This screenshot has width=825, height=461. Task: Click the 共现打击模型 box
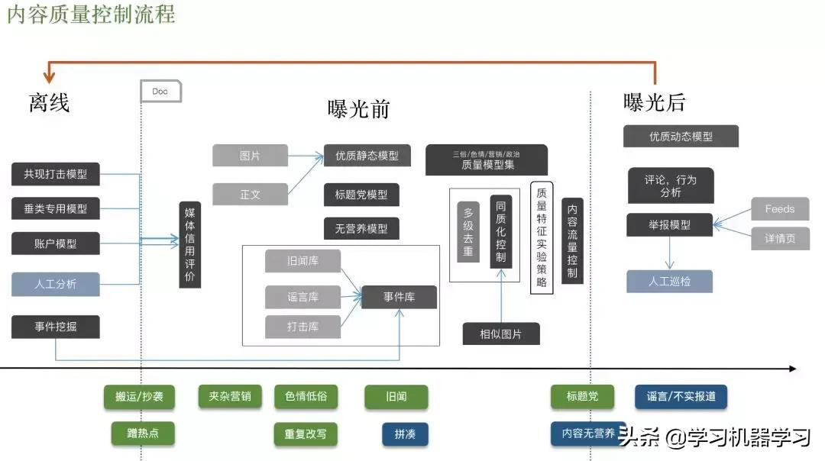[x=56, y=174]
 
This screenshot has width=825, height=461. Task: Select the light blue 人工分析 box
[x=56, y=284]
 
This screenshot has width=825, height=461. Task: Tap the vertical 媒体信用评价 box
[x=190, y=245]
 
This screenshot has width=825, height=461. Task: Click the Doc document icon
[x=160, y=92]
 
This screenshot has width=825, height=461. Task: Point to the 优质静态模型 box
[x=367, y=156]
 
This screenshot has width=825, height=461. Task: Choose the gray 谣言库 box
[x=302, y=297]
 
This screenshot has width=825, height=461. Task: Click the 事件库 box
[x=399, y=297]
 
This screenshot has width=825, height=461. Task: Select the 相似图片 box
[x=501, y=334]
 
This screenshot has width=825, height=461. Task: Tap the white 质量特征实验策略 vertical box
[x=542, y=237]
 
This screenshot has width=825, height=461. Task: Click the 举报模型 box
[x=669, y=225]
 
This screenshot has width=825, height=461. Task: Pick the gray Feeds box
[x=780, y=209]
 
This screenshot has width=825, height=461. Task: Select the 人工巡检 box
[x=669, y=281]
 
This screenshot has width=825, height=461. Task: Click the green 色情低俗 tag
[x=306, y=397]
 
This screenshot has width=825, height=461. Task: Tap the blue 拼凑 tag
[x=405, y=434]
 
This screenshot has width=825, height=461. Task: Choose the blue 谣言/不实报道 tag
[x=681, y=397]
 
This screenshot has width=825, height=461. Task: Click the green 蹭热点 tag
[x=141, y=434]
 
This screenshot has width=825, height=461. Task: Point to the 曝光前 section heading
[x=359, y=109]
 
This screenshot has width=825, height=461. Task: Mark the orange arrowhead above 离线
[x=50, y=76]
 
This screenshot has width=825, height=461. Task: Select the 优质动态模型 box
[x=681, y=137]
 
